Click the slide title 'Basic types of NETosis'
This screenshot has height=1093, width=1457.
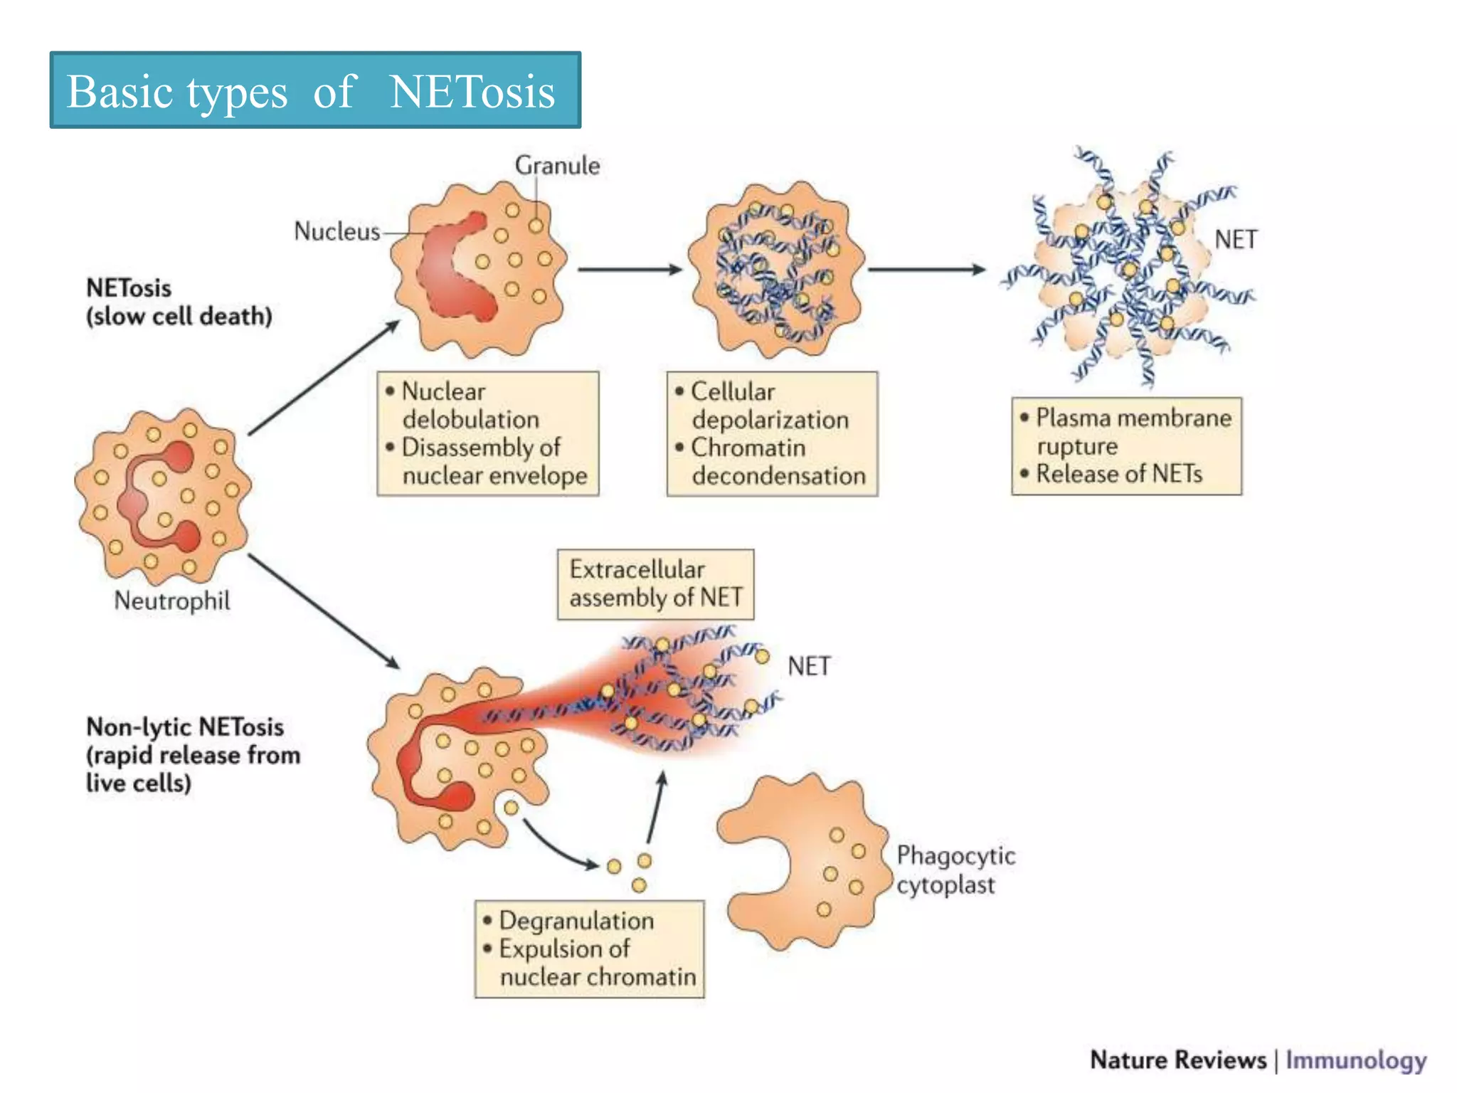pos(314,90)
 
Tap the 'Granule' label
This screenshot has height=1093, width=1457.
pos(557,165)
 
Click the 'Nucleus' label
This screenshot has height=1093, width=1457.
pos(337,231)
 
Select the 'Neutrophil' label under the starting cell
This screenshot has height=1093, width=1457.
pos(172,601)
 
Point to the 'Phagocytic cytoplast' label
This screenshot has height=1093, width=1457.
pos(955,870)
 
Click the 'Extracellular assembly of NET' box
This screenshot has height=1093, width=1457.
pos(655,584)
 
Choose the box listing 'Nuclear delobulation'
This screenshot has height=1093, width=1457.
pos(488,433)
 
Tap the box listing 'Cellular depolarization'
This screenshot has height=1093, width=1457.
pos(772,433)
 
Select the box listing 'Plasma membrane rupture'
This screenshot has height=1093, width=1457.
pos(1126,446)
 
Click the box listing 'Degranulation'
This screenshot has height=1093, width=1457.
pos(589,949)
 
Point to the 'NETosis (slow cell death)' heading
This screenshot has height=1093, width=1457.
pos(179,302)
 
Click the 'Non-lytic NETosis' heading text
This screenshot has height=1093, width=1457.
pos(185,727)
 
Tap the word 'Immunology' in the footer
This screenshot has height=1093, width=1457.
pos(1355,1060)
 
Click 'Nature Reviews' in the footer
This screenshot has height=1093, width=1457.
pos(1178,1060)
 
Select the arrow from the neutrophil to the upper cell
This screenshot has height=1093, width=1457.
pos(324,377)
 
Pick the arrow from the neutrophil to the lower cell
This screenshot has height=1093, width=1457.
pos(324,612)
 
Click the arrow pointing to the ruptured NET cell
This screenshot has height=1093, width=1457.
pos(926,270)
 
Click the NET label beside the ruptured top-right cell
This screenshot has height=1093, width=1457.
pos(1236,240)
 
